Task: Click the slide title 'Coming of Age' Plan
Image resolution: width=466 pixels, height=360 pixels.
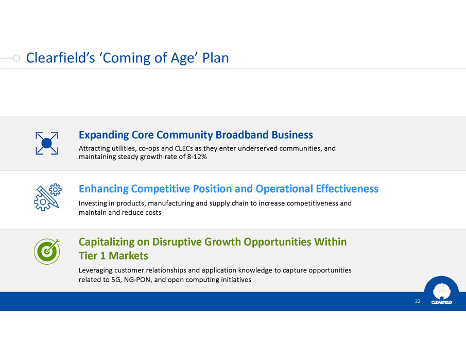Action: (127, 58)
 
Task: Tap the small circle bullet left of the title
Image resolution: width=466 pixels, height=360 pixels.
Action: (16, 58)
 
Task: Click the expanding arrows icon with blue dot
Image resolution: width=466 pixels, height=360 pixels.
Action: (47, 143)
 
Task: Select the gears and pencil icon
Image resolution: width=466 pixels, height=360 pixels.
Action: (47, 197)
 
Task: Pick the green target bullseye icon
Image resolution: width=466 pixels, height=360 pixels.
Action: (47, 251)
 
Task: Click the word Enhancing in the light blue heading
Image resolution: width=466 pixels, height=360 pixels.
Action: (103, 189)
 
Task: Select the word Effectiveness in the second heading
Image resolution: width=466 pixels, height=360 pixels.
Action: (347, 189)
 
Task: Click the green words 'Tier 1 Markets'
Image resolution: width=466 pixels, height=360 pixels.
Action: (113, 255)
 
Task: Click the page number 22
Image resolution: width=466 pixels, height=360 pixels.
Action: (418, 301)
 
